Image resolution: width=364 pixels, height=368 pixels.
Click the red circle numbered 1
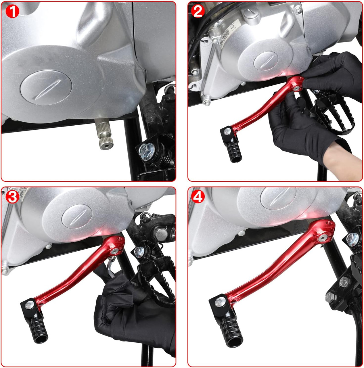click(x=12, y=12)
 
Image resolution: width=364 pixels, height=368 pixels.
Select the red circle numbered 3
click(x=12, y=197)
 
